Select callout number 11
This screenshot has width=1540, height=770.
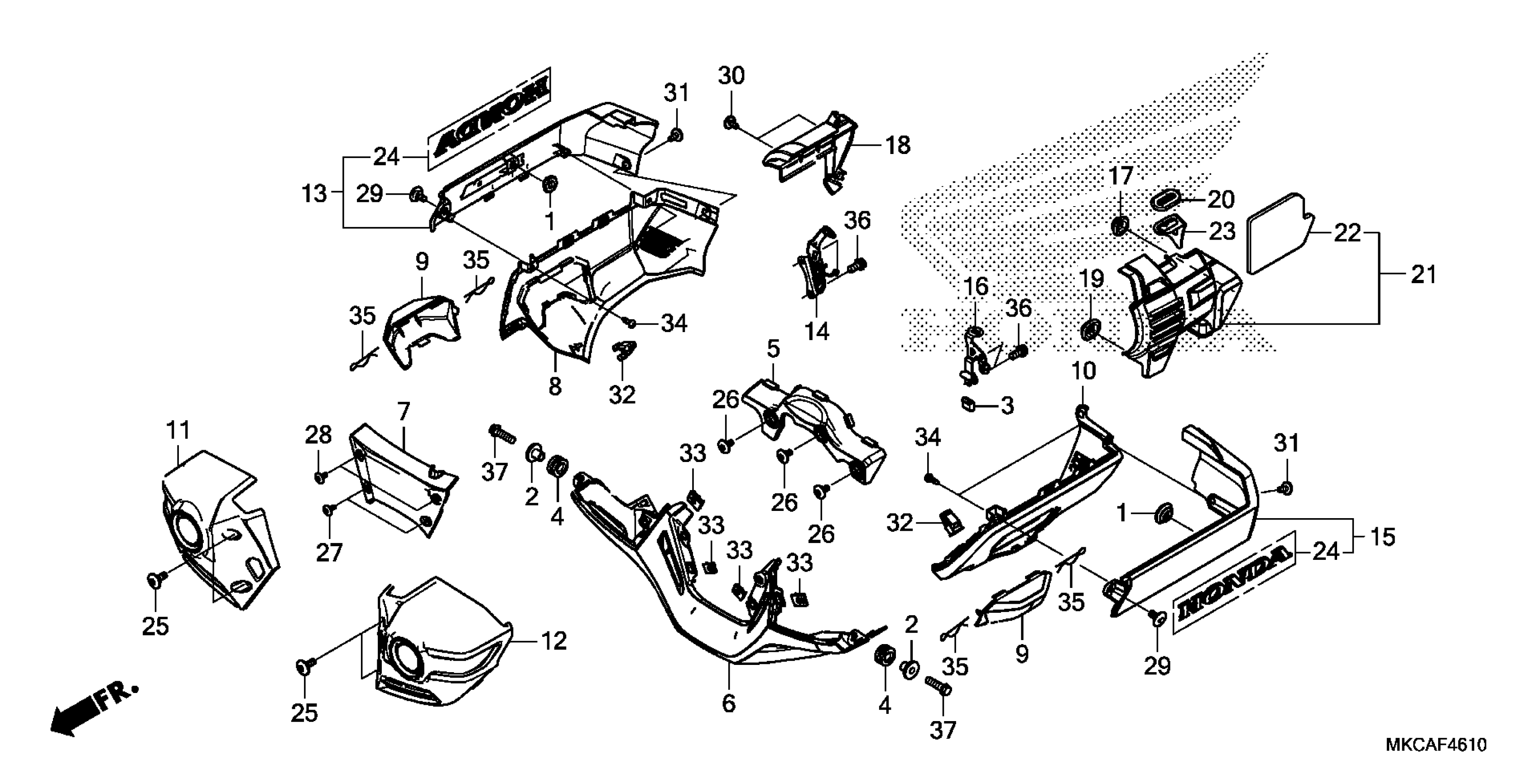pos(178,429)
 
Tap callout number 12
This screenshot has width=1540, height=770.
pos(553,641)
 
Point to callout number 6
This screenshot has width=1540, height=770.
pos(728,703)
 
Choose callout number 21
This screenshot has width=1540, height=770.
pos(1423,275)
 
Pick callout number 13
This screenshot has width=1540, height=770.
pos(314,194)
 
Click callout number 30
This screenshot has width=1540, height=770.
pos(731,77)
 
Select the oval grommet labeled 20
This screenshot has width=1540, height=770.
pos(1166,200)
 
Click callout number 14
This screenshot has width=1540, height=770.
pos(817,330)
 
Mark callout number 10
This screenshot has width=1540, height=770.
pos(1083,371)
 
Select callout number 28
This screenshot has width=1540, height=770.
pos(318,435)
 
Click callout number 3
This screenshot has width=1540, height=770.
pos(1007,406)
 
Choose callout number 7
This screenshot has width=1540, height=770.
pos(404,411)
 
